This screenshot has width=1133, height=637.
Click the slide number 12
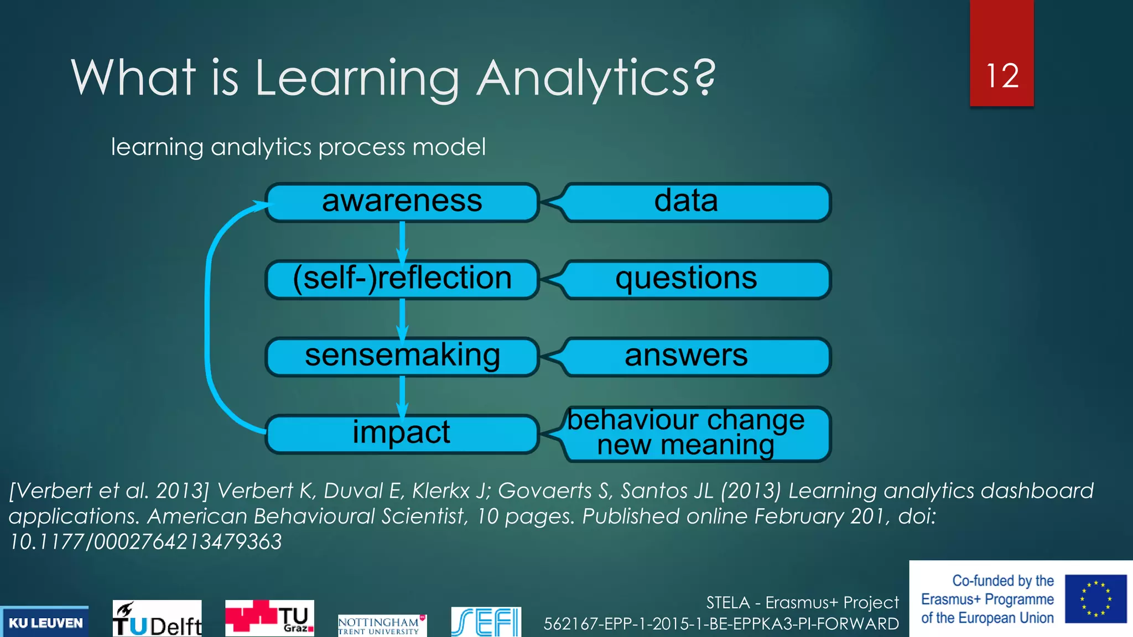tap(1002, 76)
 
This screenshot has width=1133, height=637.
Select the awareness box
tap(402, 202)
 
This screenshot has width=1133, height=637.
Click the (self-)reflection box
tap(402, 279)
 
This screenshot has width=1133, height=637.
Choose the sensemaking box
tap(402, 356)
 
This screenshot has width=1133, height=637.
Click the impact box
tap(402, 433)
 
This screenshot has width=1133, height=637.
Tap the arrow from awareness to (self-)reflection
tap(402, 241)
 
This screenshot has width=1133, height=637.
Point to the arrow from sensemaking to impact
tap(402, 395)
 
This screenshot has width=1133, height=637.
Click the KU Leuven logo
tap(45, 623)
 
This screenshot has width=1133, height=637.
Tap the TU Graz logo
tap(269, 618)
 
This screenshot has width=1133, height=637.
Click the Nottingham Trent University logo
tap(382, 625)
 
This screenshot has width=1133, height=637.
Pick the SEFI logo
tap(486, 622)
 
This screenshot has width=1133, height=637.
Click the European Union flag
tap(1095, 599)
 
